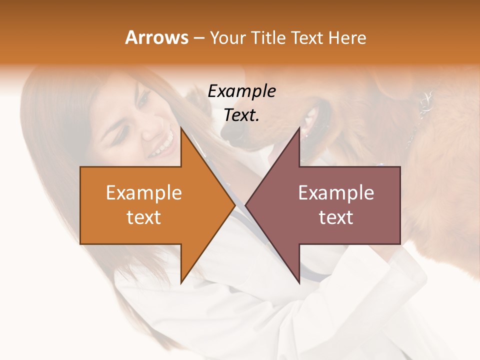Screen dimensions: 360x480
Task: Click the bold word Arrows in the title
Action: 156,37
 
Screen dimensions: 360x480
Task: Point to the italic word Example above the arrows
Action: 241,91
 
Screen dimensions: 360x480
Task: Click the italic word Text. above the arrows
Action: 241,115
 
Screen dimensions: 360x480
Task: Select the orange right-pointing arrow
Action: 150,205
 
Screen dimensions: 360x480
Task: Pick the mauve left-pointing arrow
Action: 330,205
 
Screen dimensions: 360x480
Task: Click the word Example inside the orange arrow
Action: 144,193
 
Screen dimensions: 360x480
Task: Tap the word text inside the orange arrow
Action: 144,217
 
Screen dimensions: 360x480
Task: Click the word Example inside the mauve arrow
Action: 336,193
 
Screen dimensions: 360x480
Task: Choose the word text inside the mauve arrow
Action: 336,217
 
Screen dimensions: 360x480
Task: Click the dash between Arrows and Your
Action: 198,38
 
